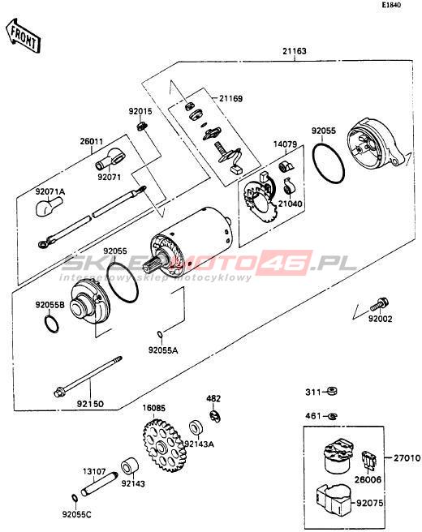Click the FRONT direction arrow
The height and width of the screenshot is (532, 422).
tap(23, 36)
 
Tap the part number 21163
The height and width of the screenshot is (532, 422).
tap(294, 51)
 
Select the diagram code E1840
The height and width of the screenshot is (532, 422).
tap(391, 5)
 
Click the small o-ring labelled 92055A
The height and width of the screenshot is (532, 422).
tap(160, 335)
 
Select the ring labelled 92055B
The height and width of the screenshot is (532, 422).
tap(51, 324)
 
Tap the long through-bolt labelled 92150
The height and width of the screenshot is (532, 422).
tap(88, 376)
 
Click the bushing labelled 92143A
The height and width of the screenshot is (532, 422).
tap(196, 428)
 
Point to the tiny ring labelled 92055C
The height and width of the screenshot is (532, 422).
tap(75, 498)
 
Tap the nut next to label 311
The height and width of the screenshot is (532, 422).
tap(332, 392)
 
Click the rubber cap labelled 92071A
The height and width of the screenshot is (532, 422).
tap(48, 206)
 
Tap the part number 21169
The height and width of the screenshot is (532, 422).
tap(230, 99)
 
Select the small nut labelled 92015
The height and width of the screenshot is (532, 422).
tap(142, 127)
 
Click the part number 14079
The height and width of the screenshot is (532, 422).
tap(285, 144)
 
